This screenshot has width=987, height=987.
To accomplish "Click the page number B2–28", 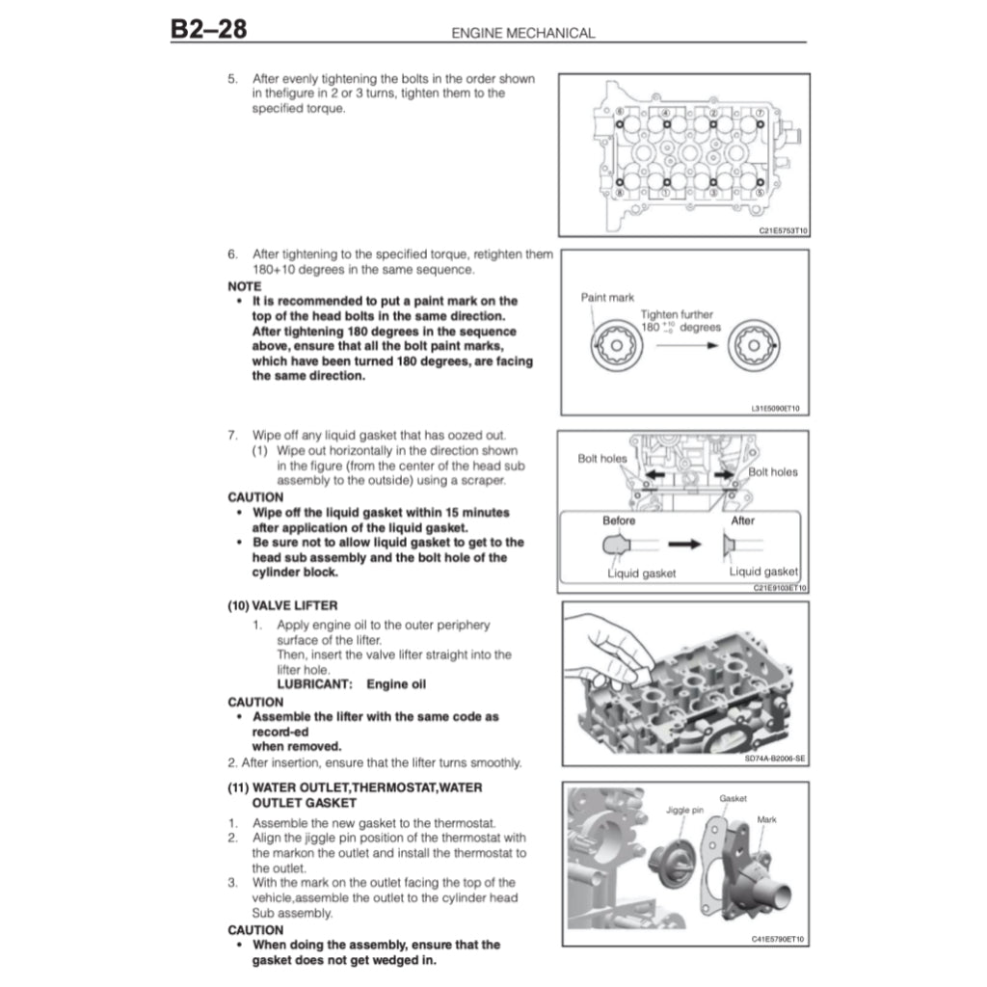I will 208,29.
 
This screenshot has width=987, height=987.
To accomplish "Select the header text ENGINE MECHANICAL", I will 523,33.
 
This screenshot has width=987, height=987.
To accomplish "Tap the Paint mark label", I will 607,298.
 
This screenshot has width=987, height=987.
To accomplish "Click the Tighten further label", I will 677,315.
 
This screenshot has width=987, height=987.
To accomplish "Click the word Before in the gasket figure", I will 619,520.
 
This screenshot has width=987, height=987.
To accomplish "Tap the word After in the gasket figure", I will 743,520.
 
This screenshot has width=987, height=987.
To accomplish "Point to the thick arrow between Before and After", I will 684,545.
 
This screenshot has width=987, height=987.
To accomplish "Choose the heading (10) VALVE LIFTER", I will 282,605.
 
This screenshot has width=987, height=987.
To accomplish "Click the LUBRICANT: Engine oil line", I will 351,684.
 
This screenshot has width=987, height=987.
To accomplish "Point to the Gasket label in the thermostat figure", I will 733,798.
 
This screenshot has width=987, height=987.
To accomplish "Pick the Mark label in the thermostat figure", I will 766,819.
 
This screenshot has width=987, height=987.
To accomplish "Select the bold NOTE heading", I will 244,286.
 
